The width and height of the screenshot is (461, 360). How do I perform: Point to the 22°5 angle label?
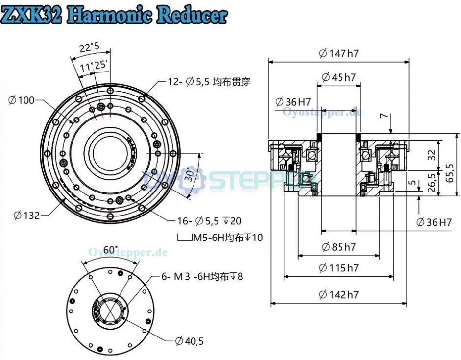tap(89, 48)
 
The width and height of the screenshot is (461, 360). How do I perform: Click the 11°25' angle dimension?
tap(95, 66)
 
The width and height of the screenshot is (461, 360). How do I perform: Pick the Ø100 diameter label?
tap(21, 100)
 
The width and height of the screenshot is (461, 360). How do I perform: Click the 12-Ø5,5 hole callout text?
tap(209, 82)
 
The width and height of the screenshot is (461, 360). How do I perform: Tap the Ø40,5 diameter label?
tap(189, 341)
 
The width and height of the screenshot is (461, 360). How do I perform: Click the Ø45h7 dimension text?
tap(339, 77)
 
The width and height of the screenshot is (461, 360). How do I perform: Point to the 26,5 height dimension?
tap(432, 183)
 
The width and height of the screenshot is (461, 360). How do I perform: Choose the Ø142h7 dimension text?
tap(339, 294)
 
